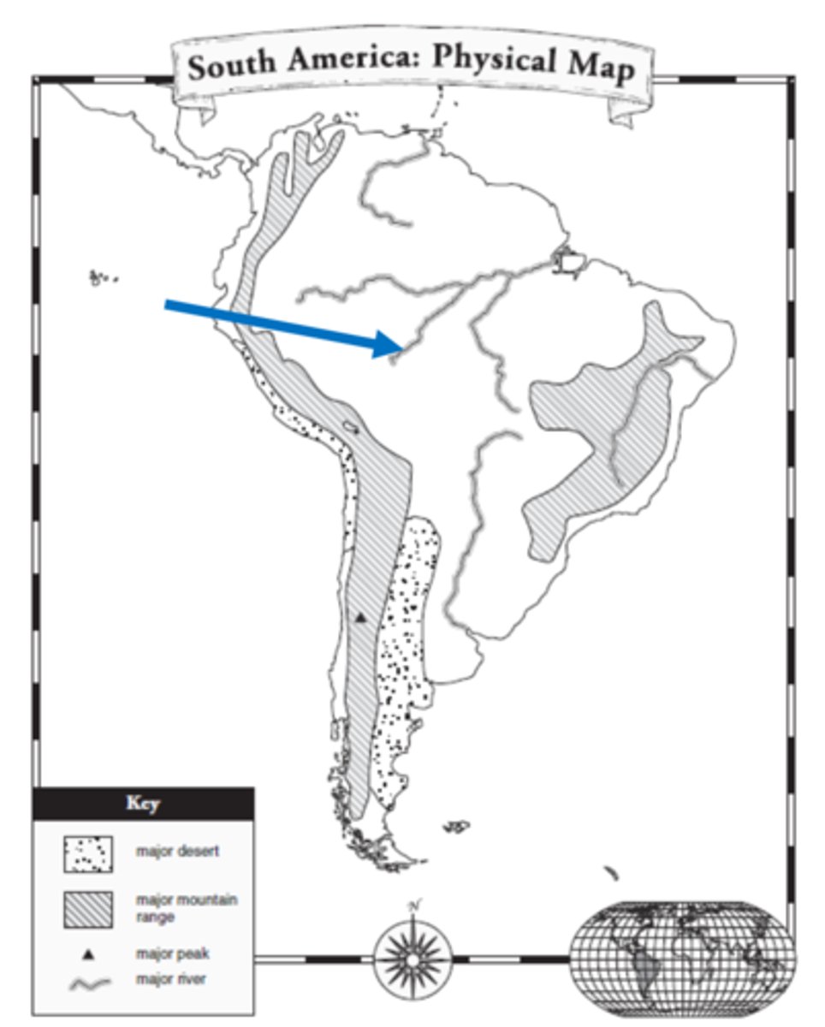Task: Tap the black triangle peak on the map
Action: tap(360, 616)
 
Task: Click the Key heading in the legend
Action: tap(142, 804)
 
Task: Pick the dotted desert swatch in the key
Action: tap(87, 853)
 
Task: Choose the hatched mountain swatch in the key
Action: tap(87, 907)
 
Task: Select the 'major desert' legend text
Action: tap(177, 852)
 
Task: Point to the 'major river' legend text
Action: tap(170, 978)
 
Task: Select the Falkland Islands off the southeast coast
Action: tap(457, 826)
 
